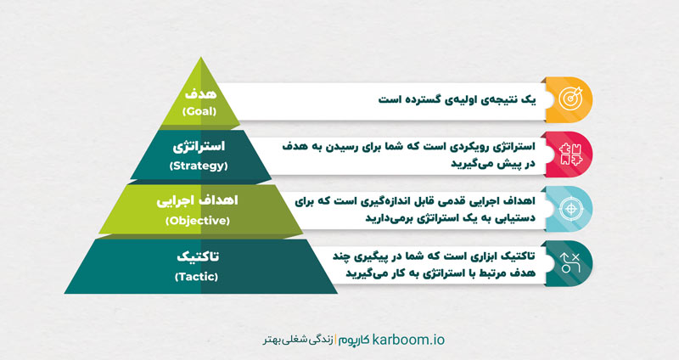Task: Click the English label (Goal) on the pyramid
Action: pyautogui.click(x=201, y=111)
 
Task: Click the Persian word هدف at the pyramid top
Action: pyautogui.click(x=201, y=93)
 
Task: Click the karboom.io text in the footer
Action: pyautogui.click(x=407, y=339)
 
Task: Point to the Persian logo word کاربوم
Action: pyautogui.click(x=355, y=339)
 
